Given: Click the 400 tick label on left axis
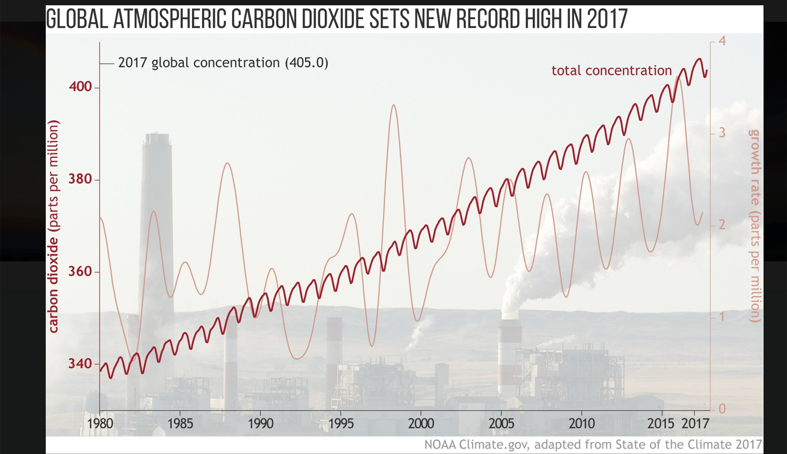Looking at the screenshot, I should (x=80, y=87).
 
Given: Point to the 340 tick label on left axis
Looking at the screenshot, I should (x=80, y=363).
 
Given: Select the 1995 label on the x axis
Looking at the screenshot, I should (x=341, y=423).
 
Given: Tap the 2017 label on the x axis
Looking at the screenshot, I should (x=695, y=423).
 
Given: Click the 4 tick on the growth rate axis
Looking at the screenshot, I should (x=722, y=41).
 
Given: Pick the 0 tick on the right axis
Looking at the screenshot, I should (x=722, y=409).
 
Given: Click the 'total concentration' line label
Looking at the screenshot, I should (x=611, y=71).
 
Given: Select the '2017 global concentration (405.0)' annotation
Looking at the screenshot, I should (x=223, y=63).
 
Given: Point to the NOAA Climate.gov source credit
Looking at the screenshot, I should (x=593, y=444).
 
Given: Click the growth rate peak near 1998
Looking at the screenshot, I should (x=394, y=105).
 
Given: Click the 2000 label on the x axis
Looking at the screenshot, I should (x=421, y=423).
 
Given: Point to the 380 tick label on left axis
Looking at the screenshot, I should (x=80, y=179).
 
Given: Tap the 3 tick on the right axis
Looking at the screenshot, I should (x=722, y=133).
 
